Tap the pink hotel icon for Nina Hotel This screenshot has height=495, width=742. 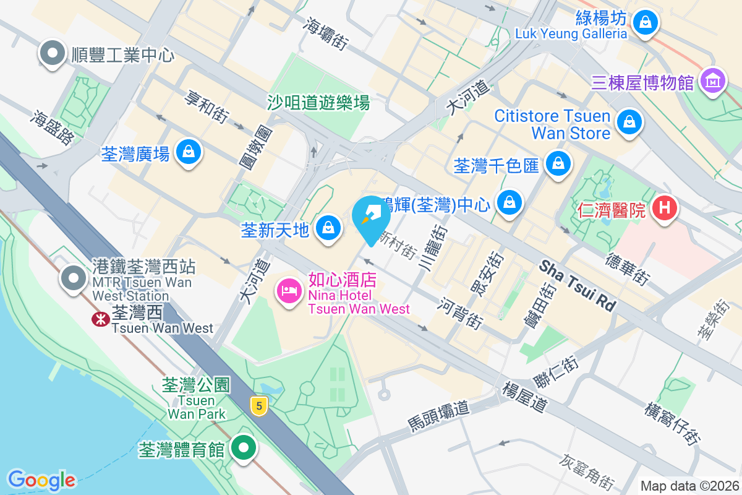289,291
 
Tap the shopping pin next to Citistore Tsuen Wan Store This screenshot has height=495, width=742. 629,121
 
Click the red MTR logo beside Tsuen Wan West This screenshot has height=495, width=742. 98,319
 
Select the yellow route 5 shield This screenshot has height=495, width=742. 259,406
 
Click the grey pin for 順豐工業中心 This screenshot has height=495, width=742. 53,53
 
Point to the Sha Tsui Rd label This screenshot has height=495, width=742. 578,286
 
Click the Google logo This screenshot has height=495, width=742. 41,480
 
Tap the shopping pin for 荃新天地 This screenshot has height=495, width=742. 328,228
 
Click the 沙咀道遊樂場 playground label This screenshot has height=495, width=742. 318,103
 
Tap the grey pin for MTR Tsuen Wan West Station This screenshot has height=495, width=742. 74,278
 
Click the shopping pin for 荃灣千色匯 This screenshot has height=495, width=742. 558,163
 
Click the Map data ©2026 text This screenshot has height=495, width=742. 689,486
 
